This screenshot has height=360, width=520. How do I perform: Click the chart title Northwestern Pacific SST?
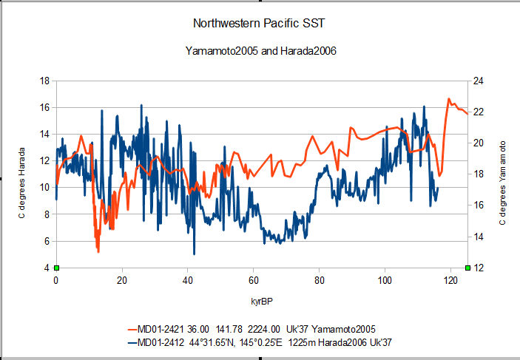point(259,23)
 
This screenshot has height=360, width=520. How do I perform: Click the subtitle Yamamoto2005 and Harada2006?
point(260,51)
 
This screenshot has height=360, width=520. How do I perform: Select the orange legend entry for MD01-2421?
point(251,329)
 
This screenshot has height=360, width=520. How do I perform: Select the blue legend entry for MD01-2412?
point(260,342)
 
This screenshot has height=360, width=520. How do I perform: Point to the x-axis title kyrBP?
point(262,302)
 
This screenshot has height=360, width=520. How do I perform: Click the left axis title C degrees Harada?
point(21,183)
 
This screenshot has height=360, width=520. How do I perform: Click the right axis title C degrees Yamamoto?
point(502,183)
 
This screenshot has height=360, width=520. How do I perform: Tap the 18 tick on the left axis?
point(44,81)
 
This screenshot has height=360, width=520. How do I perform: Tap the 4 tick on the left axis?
point(47,268)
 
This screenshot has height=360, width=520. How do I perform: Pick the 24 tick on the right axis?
point(479,81)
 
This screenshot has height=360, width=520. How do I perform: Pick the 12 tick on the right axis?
point(479,268)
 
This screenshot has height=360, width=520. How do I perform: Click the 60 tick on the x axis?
point(254,280)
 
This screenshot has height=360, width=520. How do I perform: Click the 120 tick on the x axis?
point(450,280)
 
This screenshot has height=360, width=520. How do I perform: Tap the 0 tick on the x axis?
point(56,280)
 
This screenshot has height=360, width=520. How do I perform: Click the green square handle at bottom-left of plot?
point(56,268)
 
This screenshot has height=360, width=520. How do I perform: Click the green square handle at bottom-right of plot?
point(467,268)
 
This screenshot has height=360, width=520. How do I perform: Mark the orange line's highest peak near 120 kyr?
point(449,99)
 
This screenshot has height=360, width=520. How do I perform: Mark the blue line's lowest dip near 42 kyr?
point(194,254)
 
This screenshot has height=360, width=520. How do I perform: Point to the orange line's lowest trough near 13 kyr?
point(98,251)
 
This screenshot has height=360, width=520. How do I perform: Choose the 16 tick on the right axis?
point(479,206)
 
